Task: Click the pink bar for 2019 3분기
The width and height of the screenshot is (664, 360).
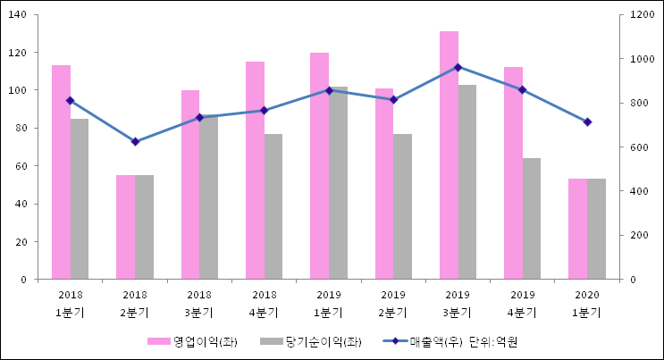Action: [449, 155]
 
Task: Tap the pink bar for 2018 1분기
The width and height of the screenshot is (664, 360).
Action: [61, 172]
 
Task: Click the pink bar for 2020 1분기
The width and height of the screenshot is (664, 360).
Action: [577, 229]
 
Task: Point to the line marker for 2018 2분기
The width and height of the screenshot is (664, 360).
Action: [135, 142]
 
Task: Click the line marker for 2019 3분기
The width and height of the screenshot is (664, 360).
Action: [458, 67]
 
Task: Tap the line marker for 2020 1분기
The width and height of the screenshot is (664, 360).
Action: [587, 121]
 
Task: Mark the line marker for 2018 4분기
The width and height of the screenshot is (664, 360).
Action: [264, 111]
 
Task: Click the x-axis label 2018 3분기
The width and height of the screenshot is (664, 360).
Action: [199, 304]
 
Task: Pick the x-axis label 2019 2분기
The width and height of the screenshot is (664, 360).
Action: [393, 304]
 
